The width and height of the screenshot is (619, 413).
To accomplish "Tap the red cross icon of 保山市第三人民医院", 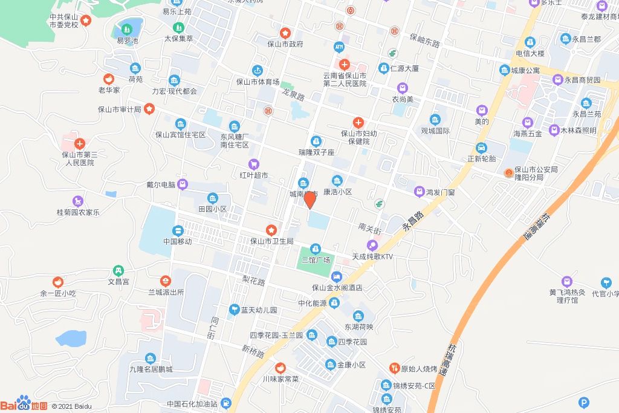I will (80, 144).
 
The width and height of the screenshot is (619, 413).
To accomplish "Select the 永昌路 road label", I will (414, 221).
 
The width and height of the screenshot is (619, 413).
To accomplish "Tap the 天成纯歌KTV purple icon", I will (373, 246).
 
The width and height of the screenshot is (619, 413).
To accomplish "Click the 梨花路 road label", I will (254, 281).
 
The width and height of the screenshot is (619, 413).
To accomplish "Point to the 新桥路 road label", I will (253, 350).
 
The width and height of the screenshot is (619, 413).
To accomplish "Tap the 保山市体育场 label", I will (258, 82).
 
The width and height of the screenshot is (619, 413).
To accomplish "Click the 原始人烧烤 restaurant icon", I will (394, 368).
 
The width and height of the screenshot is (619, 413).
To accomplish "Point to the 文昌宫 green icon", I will (119, 270).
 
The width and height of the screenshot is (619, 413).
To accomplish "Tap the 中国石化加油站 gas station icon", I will (225, 403).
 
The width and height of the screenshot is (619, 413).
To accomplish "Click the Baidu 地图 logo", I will (24, 404).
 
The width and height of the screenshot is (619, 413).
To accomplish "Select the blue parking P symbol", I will (583, 402).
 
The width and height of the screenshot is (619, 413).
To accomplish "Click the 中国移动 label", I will (177, 241).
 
